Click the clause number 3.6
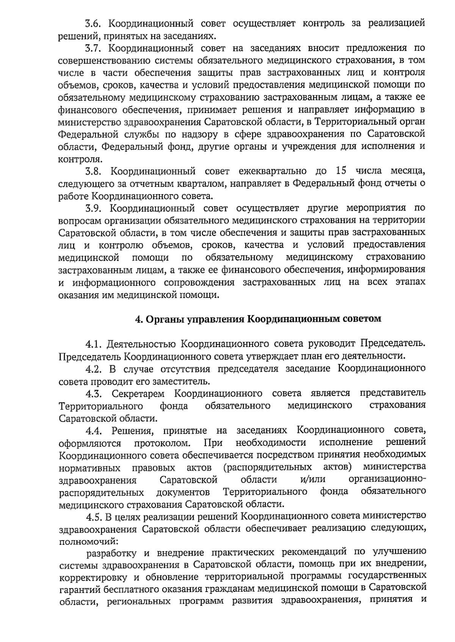(93, 23)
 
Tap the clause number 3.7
(93, 48)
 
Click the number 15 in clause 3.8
(341, 171)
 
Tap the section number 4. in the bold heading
(139, 319)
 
